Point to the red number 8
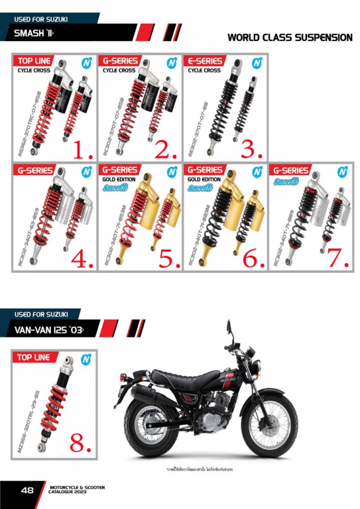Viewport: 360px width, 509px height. pos(80,443)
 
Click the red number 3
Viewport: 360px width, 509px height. pos(252,150)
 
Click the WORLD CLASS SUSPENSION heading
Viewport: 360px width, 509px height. pos(290,38)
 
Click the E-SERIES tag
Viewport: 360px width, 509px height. pos(204,61)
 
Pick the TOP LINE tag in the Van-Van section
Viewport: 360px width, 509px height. pos(34,357)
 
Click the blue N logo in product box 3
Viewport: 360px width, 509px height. pos(256,63)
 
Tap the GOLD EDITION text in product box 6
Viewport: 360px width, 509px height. pos(203,180)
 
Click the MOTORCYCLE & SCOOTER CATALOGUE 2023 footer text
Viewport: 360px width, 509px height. pos(77,490)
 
